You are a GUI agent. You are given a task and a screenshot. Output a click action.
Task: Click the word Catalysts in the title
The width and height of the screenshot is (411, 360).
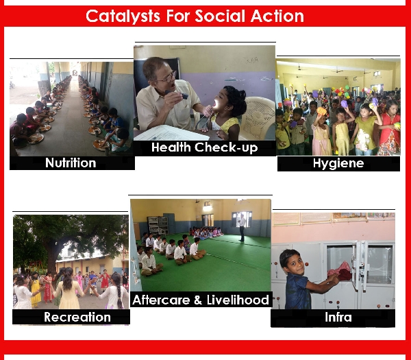(x=123, y=16)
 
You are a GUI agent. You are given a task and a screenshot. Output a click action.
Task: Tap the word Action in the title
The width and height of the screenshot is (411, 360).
(x=277, y=16)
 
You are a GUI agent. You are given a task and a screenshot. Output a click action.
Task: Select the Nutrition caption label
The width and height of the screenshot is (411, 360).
(x=71, y=163)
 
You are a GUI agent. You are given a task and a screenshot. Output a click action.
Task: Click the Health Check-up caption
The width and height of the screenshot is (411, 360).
(x=204, y=147)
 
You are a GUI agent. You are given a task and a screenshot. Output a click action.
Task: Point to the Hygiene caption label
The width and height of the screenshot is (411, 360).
(x=338, y=163)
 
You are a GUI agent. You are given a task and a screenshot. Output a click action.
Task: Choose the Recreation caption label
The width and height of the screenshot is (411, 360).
(x=77, y=317)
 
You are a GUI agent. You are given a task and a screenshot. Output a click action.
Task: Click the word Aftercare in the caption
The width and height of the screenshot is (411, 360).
(x=161, y=300)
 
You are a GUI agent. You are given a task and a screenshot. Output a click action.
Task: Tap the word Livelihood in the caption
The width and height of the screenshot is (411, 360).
(x=238, y=300)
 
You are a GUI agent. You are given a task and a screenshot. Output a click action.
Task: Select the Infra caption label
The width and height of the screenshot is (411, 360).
(x=338, y=317)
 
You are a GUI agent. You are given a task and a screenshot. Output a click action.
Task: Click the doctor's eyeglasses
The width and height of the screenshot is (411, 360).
(x=169, y=77)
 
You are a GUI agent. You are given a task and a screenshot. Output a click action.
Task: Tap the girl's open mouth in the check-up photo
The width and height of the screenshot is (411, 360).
(x=215, y=103)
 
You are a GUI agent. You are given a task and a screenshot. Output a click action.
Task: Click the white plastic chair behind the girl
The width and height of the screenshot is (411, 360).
(x=258, y=118)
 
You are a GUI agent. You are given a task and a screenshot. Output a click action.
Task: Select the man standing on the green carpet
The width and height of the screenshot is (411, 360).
(x=242, y=227)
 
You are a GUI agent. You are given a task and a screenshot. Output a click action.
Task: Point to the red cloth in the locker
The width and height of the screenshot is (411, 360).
(x=340, y=272)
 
